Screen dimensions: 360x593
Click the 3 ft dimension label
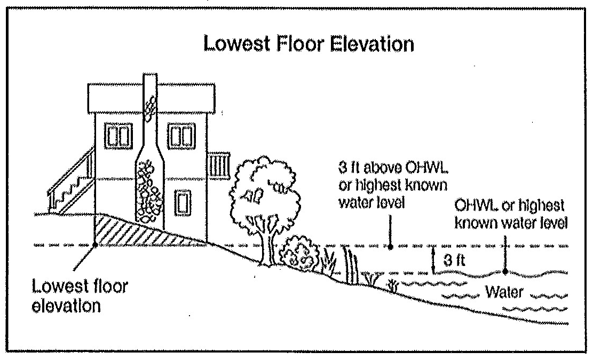(x=452, y=261)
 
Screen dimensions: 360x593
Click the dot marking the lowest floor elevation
(x=94, y=245)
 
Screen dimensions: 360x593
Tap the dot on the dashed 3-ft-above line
(x=390, y=247)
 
